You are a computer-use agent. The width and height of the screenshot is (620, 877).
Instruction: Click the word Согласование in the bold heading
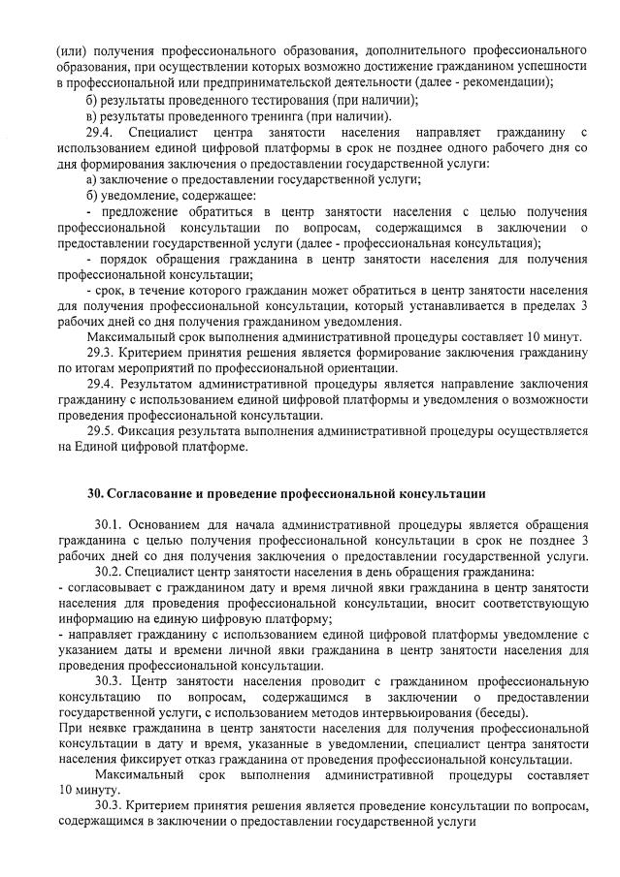click(154, 493)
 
